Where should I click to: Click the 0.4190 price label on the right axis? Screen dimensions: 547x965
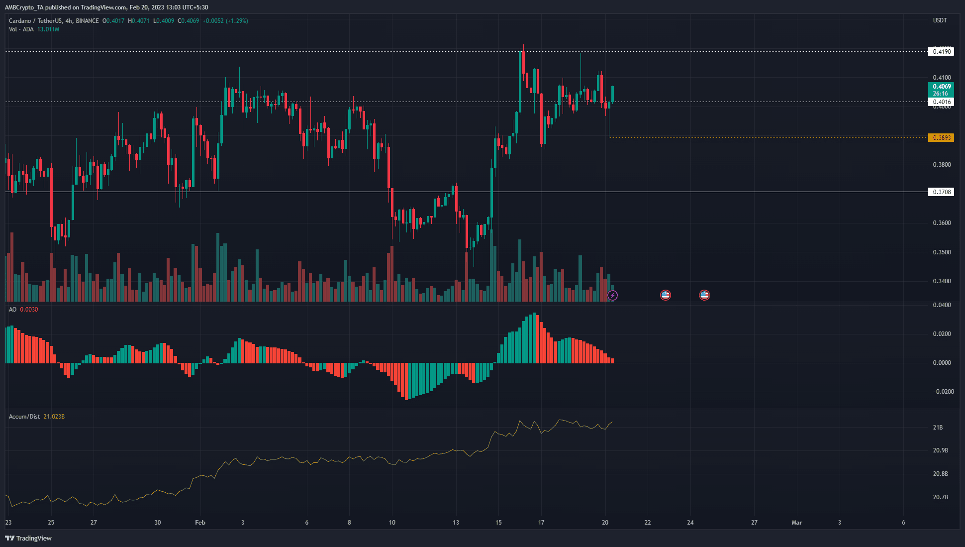(941, 52)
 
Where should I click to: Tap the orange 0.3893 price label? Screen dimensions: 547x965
(941, 138)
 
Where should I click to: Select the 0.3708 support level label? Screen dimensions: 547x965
(941, 192)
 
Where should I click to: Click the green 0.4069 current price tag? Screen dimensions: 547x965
(941, 87)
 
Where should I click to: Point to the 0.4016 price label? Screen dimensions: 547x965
(941, 102)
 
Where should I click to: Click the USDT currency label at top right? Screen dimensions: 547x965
(940, 20)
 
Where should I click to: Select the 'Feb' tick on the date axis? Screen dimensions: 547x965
(200, 523)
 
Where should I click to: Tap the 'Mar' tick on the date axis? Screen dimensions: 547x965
(796, 523)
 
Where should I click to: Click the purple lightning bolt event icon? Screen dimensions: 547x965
(612, 296)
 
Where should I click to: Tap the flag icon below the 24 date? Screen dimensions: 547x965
(704, 295)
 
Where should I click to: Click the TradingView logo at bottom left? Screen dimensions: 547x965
(28, 538)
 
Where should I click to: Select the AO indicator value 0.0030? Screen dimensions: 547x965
(29, 310)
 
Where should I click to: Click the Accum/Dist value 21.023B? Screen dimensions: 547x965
(54, 417)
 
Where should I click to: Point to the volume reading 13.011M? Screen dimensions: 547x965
(48, 29)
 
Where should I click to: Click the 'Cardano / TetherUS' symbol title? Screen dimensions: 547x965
(35, 21)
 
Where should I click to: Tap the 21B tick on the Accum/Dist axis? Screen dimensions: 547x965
(938, 428)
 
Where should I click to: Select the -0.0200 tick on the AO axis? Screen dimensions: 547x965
(943, 392)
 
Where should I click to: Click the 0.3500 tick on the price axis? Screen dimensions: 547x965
(942, 252)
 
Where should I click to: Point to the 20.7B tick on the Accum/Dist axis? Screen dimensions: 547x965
(940, 497)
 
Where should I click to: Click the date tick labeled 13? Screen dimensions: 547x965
(456, 523)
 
